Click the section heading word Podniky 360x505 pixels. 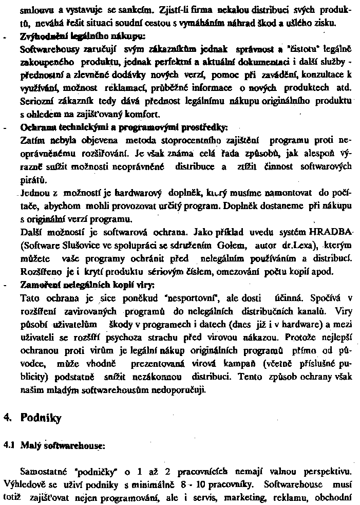pos(41,418)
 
